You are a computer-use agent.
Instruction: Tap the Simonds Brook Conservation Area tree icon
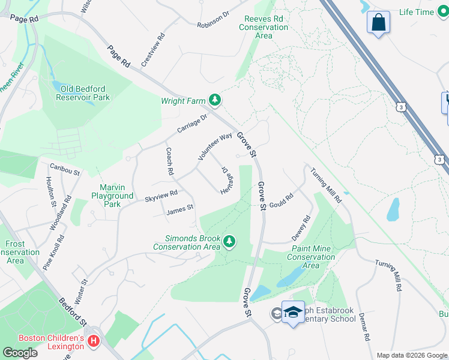point(229,242)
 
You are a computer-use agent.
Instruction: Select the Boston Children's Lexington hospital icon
point(93,341)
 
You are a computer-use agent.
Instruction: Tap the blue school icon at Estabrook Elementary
point(293,312)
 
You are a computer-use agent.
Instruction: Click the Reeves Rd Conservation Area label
point(264,27)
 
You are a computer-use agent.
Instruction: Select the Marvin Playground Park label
point(112,196)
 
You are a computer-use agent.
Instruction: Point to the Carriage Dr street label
point(191,124)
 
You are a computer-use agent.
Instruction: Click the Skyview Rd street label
point(161,194)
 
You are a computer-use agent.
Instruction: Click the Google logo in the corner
point(20,353)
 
